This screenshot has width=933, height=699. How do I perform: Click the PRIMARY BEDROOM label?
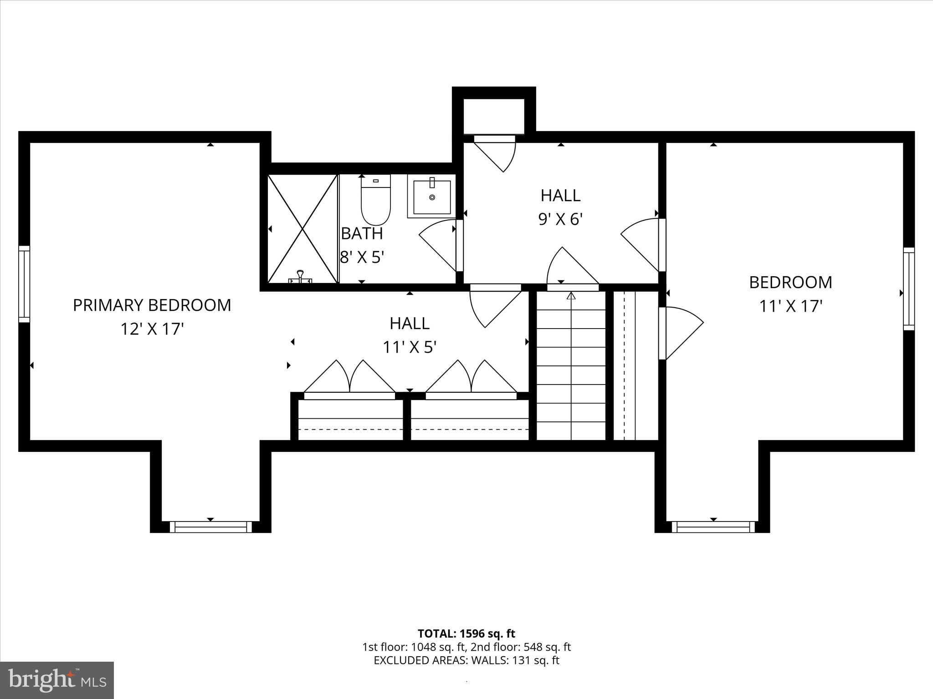coord(152,305)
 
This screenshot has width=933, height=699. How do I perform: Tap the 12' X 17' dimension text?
coord(152,329)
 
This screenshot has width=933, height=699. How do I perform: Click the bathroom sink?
coord(432,197)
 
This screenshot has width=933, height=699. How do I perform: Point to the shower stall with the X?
coord(302,229)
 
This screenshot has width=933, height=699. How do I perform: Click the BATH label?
coord(362,233)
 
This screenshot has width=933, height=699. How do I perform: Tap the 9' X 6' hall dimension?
coord(560,219)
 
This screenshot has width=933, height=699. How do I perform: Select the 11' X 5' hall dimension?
coord(410,348)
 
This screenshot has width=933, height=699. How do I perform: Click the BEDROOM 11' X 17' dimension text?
coord(790,306)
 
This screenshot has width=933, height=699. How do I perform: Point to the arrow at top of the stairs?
coord(571,296)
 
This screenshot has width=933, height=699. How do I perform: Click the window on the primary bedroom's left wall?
coord(24,284)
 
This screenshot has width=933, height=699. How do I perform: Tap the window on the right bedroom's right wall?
coord(908,289)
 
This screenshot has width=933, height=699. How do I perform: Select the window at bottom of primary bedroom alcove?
coord(210,527)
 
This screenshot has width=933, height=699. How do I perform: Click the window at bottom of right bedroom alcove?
coord(713,527)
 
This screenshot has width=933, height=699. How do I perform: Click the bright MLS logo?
coord(57,680)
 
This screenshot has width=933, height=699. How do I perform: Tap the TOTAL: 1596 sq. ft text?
coord(466,633)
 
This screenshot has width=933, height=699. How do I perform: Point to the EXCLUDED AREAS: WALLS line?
coord(466,660)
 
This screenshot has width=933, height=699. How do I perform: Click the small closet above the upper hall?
coord(494,116)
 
